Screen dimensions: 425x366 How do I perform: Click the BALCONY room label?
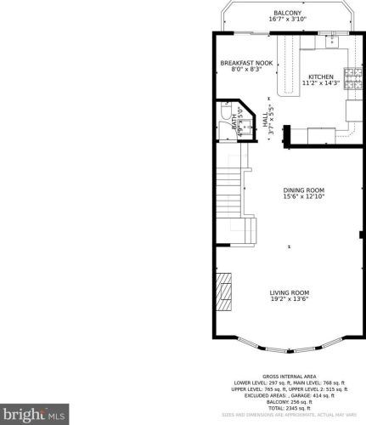[287, 12]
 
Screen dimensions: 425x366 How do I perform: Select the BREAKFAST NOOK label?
[246, 63]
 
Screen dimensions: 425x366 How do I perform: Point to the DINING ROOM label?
[303, 190]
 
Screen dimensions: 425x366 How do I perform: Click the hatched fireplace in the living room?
[222, 293]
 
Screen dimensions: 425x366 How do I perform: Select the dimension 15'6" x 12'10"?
[303, 197]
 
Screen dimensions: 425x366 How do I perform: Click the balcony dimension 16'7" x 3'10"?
[287, 19]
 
